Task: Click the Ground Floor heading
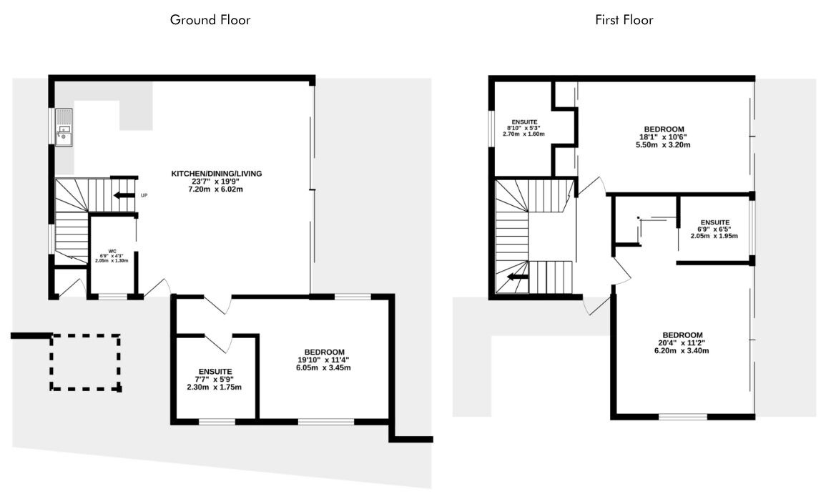point(210,20)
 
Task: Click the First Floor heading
point(624,20)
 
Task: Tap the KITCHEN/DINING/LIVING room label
point(217,173)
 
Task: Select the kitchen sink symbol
point(64,127)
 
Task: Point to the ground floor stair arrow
point(124,195)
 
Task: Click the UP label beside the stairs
point(144,196)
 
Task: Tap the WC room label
point(112,251)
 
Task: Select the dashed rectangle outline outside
point(86,362)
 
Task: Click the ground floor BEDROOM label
point(325,352)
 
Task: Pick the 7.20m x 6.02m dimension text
point(216,189)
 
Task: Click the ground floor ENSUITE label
point(215,372)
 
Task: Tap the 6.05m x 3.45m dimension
point(323,367)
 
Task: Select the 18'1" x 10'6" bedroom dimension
point(664,137)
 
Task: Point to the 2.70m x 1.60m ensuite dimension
point(523,134)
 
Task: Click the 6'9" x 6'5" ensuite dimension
point(714,229)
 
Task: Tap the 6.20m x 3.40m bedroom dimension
point(682,350)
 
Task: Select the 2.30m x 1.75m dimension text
point(214,387)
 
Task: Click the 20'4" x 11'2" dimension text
point(682,343)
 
